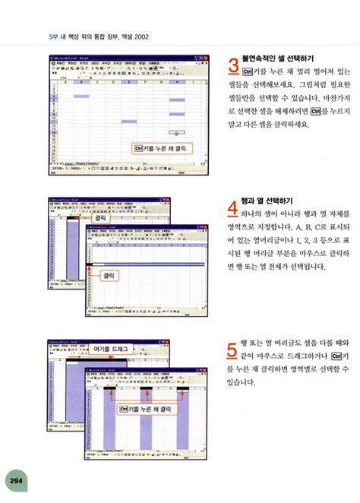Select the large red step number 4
click(x=235, y=208)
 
